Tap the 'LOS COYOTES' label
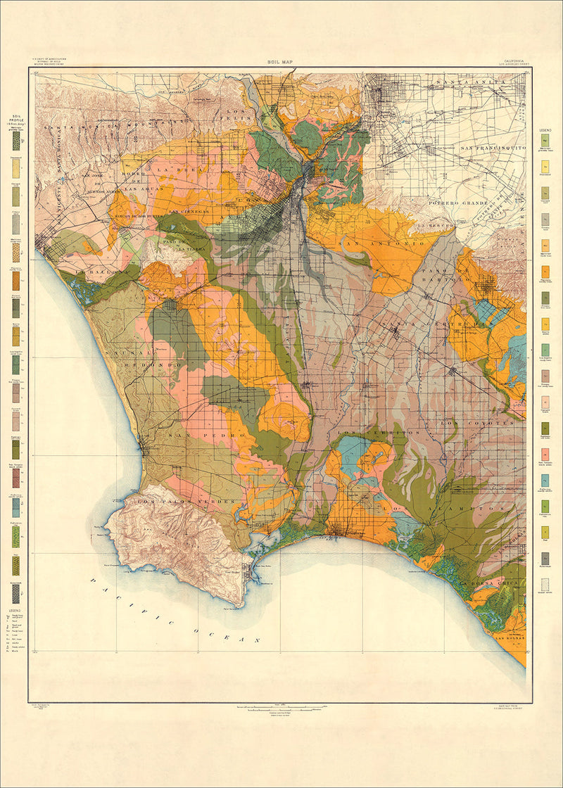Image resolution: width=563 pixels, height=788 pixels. [481, 423]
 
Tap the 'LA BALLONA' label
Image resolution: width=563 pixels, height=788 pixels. [99, 271]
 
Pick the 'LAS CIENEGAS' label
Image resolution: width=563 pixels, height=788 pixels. [186, 210]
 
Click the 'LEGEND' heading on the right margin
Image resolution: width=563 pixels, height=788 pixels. [545, 131]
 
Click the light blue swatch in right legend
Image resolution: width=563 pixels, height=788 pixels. [545, 479]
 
